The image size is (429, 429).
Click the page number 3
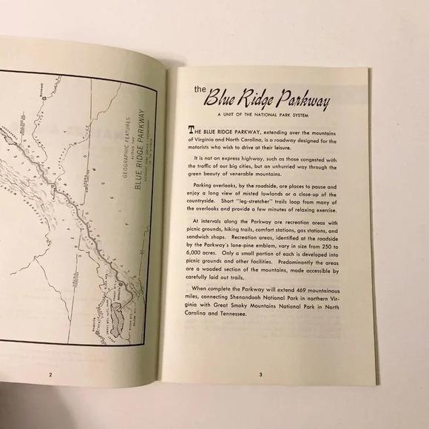260,375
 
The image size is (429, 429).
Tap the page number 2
50,374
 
